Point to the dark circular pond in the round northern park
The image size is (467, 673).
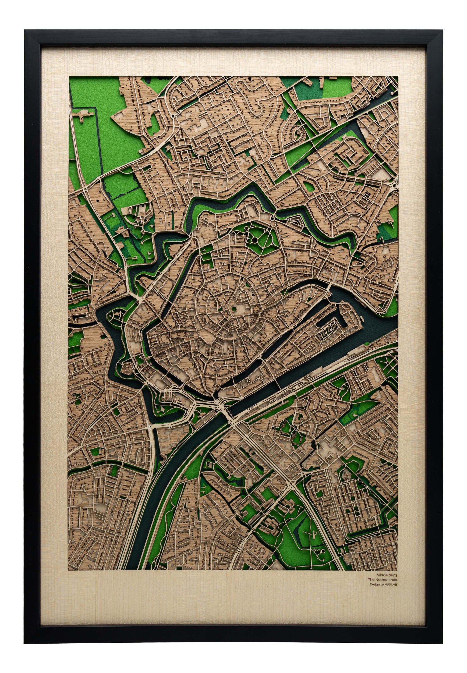254,240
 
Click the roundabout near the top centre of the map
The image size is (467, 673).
173,116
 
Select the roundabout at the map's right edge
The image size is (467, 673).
395,185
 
